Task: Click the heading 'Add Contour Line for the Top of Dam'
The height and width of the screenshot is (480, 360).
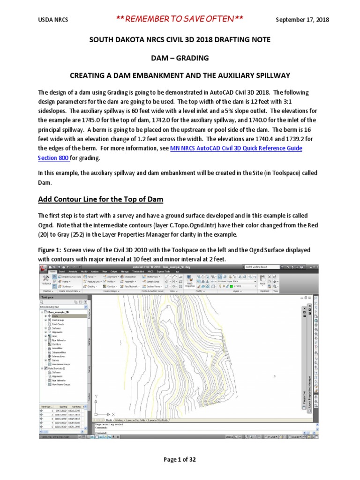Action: pyautogui.click(x=101, y=200)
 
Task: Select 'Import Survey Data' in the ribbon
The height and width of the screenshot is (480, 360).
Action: pyautogui.click(x=70, y=277)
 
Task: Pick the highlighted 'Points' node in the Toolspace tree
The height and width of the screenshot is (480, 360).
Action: pyautogui.click(x=54, y=316)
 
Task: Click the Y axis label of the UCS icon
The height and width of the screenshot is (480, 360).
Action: pyautogui.click(x=96, y=397)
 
